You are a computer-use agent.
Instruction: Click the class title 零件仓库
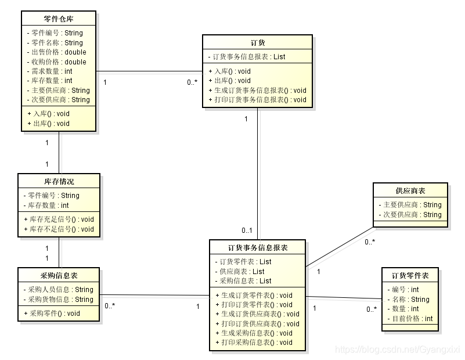(x=59, y=19)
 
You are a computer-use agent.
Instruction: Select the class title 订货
(x=257, y=43)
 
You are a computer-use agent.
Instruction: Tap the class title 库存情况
(x=59, y=182)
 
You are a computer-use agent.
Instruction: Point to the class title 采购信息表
(x=59, y=276)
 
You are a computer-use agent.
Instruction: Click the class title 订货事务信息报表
(x=257, y=248)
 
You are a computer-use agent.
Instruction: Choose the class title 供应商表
(x=410, y=191)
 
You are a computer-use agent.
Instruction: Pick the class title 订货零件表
(x=410, y=276)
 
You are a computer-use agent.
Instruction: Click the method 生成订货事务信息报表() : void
(x=259, y=90)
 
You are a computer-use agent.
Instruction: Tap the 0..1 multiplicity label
(x=247, y=231)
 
